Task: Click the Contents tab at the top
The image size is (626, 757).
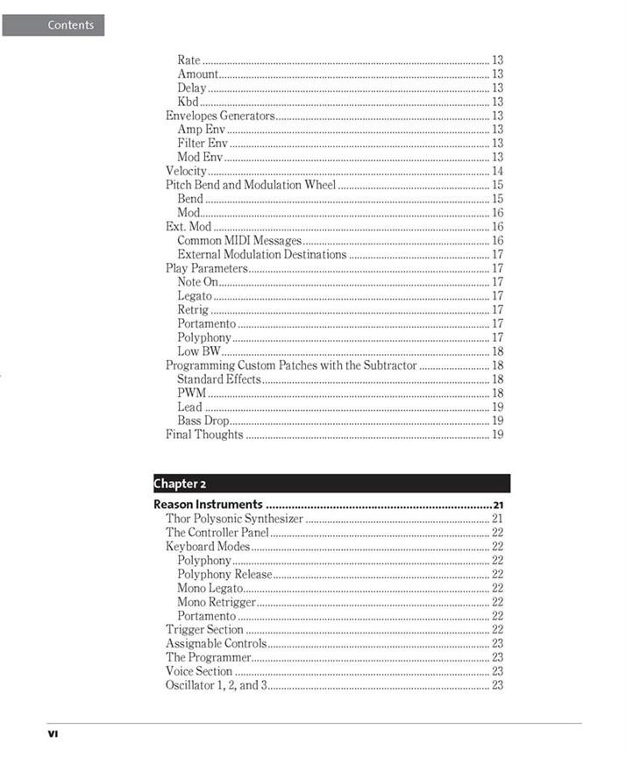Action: tap(53, 25)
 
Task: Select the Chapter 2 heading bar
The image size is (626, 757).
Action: tap(331, 484)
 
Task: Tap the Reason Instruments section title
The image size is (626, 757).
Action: tap(208, 505)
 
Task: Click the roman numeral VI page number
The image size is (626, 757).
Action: tap(53, 733)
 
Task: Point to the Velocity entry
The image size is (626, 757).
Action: tap(187, 172)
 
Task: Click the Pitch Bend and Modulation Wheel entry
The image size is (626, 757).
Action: tap(251, 186)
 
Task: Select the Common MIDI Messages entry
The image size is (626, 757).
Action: tap(239, 241)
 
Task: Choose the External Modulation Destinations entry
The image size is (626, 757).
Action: tap(262, 255)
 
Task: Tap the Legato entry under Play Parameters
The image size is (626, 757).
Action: tap(195, 296)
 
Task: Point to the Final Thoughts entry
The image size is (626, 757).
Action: tap(204, 435)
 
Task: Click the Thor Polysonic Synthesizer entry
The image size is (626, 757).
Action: tap(234, 519)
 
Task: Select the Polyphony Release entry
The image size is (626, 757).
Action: tap(224, 574)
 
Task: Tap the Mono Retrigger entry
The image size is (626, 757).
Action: tap(217, 602)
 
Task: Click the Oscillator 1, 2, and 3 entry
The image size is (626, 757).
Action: tap(216, 685)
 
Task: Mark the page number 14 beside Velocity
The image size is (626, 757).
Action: tap(497, 172)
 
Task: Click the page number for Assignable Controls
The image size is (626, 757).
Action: tap(497, 643)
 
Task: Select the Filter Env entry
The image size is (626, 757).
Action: tap(203, 144)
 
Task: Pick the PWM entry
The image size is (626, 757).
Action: tap(191, 393)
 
